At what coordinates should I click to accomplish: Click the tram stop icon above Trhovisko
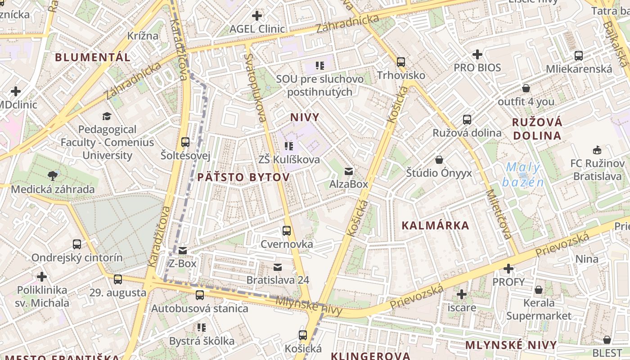pyautogui.click(x=401, y=62)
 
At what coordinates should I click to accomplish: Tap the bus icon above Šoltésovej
pyautogui.click(x=185, y=142)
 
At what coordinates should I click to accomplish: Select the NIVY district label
pyautogui.click(x=305, y=118)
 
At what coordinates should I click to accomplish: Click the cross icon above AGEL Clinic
pyautogui.click(x=257, y=16)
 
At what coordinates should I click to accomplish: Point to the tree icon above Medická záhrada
pyautogui.click(x=53, y=175)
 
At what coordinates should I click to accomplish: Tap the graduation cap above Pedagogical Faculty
pyautogui.click(x=107, y=117)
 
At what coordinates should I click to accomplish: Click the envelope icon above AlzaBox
pyautogui.click(x=349, y=171)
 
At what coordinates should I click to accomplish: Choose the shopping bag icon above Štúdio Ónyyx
pyautogui.click(x=439, y=160)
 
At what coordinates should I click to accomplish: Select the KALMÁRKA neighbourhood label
pyautogui.click(x=435, y=226)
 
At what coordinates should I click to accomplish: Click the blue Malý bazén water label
pyautogui.click(x=523, y=175)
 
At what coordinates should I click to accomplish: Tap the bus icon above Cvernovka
pyautogui.click(x=287, y=231)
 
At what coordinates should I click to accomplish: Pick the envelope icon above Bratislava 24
pyautogui.click(x=278, y=267)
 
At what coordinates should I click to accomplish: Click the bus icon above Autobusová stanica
pyautogui.click(x=200, y=295)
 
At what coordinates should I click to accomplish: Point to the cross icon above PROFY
pyautogui.click(x=508, y=269)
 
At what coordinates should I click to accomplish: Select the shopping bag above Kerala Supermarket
pyautogui.click(x=539, y=290)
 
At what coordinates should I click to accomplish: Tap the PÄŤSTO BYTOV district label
pyautogui.click(x=243, y=177)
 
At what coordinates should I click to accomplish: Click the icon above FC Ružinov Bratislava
pyautogui.click(x=597, y=150)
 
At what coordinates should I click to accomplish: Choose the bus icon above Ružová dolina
pyautogui.click(x=467, y=120)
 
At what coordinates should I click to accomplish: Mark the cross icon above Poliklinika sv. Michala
pyautogui.click(x=42, y=276)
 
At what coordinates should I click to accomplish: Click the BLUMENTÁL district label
pyautogui.click(x=93, y=58)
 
